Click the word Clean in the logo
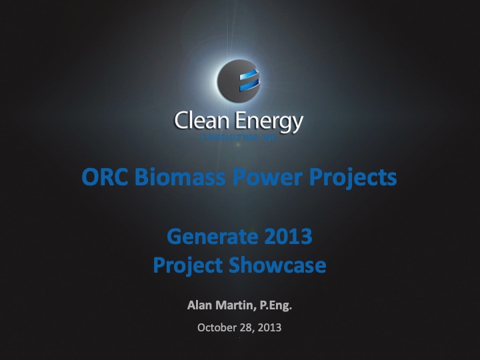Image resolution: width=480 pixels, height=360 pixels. pyautogui.click(x=199, y=121)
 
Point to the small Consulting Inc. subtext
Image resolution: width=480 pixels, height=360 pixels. pyautogui.click(x=239, y=137)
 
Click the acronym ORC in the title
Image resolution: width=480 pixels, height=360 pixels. pyautogui.click(x=105, y=177)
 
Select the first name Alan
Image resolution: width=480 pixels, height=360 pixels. pyautogui.click(x=201, y=307)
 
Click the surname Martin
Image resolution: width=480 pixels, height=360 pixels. pyautogui.click(x=237, y=307)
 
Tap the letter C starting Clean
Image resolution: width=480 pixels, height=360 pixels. pyautogui.click(x=180, y=121)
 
